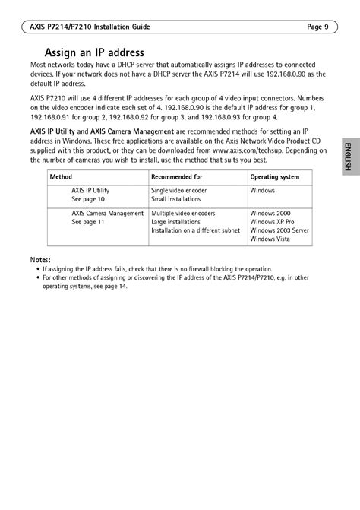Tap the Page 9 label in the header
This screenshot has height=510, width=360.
[x=317, y=27]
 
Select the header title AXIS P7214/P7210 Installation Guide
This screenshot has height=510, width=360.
[x=84, y=27]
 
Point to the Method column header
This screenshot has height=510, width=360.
[x=61, y=176]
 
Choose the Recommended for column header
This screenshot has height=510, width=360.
[x=176, y=176]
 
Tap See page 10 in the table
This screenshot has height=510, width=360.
[x=88, y=199]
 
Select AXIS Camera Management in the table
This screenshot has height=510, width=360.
[x=107, y=214]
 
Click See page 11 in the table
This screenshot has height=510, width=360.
[x=88, y=223]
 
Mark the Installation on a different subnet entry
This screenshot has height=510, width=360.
[x=195, y=231]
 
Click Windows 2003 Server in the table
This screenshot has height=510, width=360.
[x=279, y=231]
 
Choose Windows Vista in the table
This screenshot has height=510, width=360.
[x=271, y=240]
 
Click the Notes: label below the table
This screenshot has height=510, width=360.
[x=41, y=260]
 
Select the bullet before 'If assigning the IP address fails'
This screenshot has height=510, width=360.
[x=38, y=269]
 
